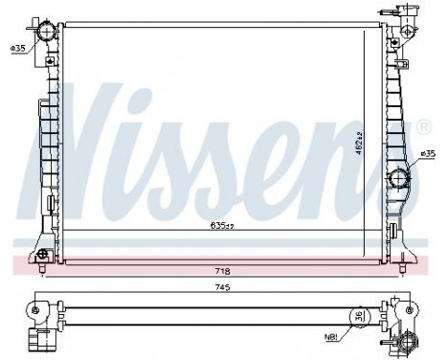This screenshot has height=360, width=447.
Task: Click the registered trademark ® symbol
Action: (424, 126)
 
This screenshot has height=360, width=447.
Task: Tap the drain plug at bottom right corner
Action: (411, 341)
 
